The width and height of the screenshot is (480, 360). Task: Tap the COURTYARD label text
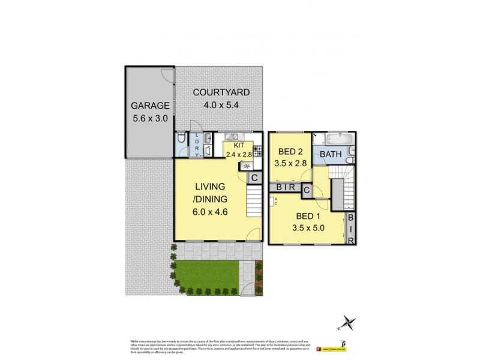point(221,92)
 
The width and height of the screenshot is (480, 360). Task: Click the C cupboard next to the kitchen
point(254,178)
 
